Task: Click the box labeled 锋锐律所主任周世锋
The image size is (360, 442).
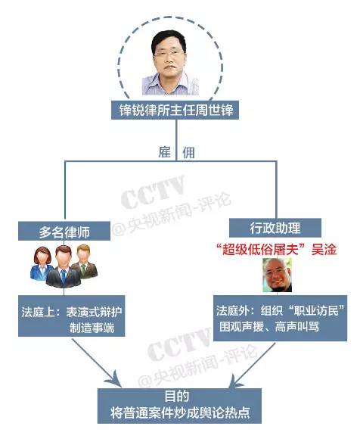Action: pyautogui.click(x=175, y=110)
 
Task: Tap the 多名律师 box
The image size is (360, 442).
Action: pyautogui.click(x=64, y=231)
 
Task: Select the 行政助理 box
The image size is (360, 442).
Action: pyautogui.click(x=275, y=228)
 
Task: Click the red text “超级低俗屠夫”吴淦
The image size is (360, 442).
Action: pyautogui.click(x=276, y=250)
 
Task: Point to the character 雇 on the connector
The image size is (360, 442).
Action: pyautogui.click(x=165, y=152)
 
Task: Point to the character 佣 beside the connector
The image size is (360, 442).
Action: pyautogui.click(x=188, y=152)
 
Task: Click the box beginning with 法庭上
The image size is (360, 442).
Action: pyautogui.click(x=72, y=316)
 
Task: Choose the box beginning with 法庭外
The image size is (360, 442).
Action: pyautogui.click(x=281, y=318)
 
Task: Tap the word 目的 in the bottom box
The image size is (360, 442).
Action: pyautogui.click(x=177, y=397)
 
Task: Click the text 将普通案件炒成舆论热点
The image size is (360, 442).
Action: pyautogui.click(x=180, y=412)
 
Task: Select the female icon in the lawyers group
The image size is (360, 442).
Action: pyautogui.click(x=42, y=263)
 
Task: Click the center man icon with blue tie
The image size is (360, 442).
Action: pyautogui.click(x=63, y=266)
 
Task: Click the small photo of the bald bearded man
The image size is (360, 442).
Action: pyautogui.click(x=277, y=275)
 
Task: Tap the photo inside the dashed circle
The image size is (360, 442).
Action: pyautogui.click(x=170, y=63)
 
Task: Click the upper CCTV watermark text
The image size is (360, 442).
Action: pyautogui.click(x=154, y=191)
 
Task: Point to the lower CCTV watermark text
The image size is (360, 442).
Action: pyautogui.click(x=179, y=344)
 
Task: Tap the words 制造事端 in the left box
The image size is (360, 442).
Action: pyautogui.click(x=92, y=328)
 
